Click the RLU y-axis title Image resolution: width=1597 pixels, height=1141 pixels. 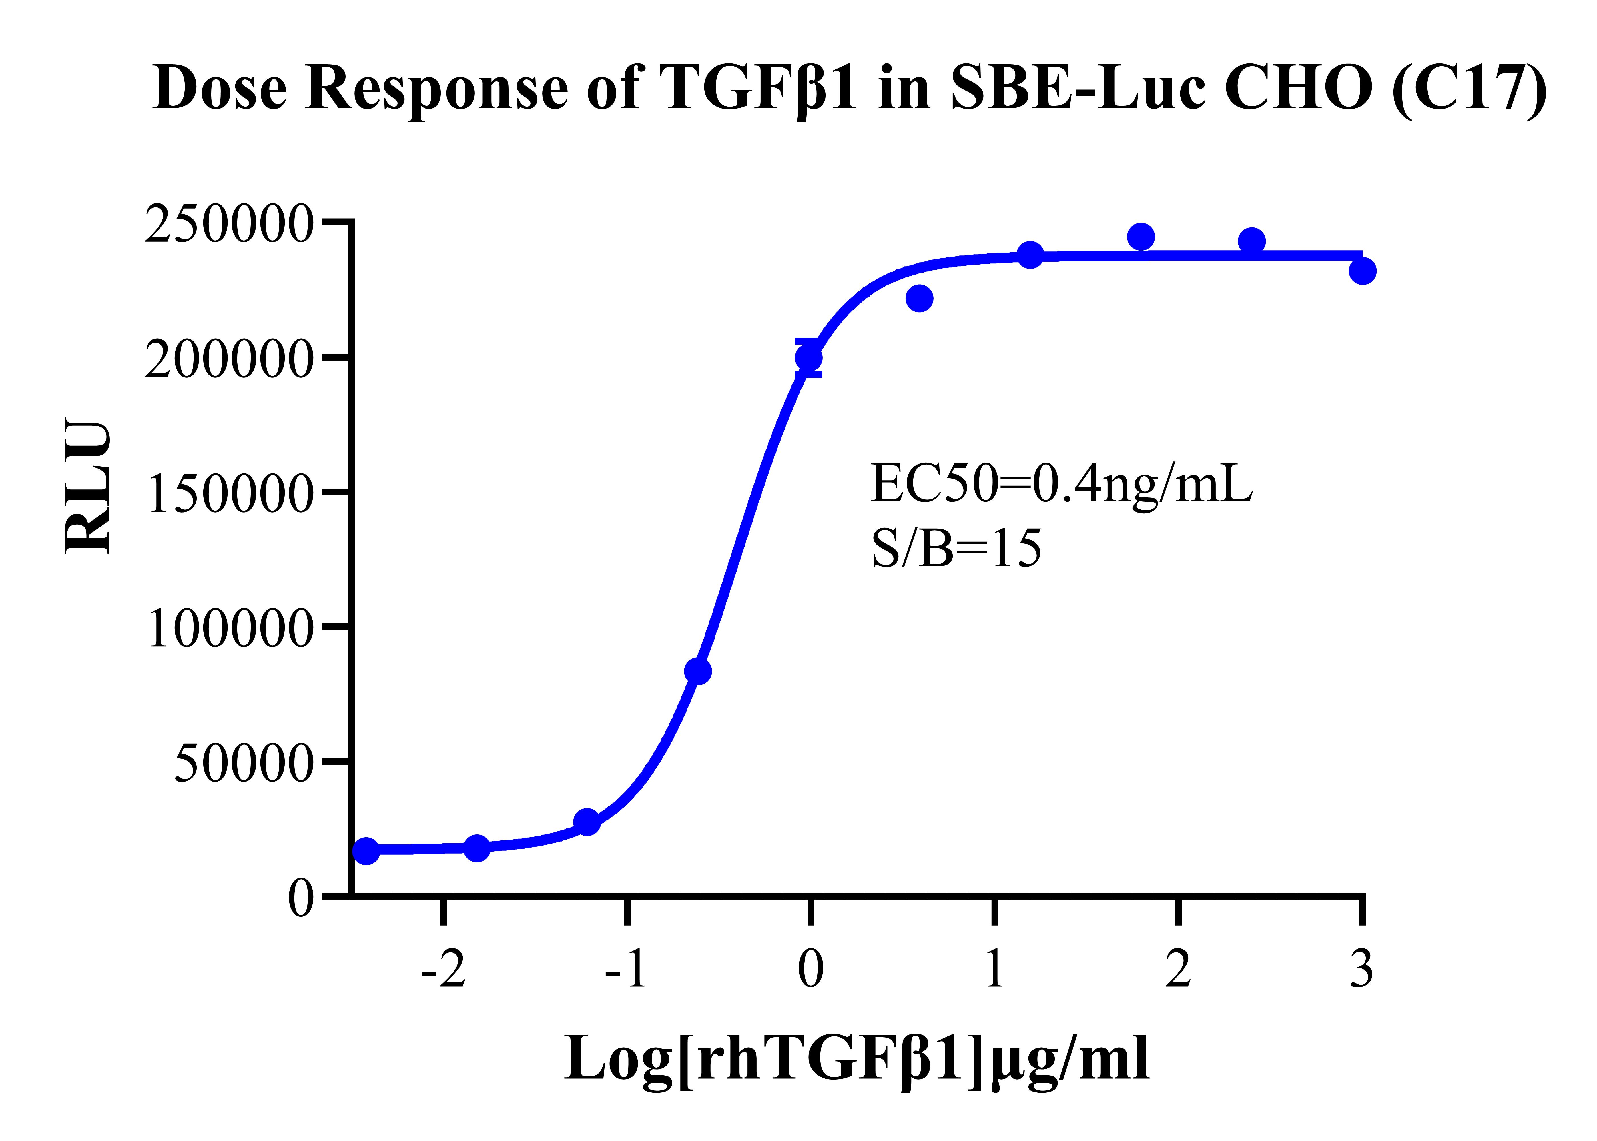[88, 487]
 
